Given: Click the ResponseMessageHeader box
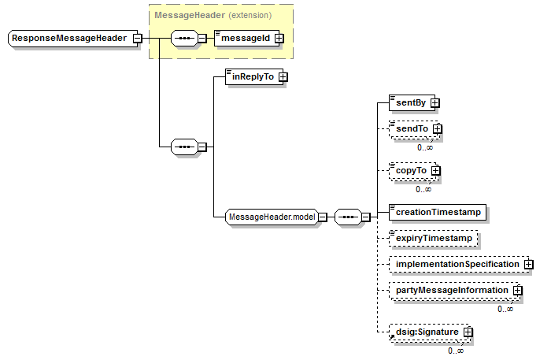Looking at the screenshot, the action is click(72, 38).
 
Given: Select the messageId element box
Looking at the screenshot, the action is click(246, 38).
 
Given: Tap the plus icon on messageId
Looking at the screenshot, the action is click(279, 38).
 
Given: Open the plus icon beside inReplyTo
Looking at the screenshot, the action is click(283, 77).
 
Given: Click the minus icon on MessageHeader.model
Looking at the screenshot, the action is click(323, 217).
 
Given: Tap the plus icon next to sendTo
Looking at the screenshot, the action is click(437, 129).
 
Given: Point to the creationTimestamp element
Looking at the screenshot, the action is click(438, 213).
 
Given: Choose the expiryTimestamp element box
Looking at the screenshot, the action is click(433, 239).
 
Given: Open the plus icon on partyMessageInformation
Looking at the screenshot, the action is click(518, 291).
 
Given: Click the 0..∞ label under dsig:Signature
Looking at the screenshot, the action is click(456, 351).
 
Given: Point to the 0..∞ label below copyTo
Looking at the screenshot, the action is click(423, 190).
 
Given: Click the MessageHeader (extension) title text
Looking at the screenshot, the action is click(213, 16).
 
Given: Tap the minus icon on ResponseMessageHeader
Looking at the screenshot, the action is click(138, 38).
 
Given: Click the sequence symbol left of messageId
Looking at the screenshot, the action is click(184, 38).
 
